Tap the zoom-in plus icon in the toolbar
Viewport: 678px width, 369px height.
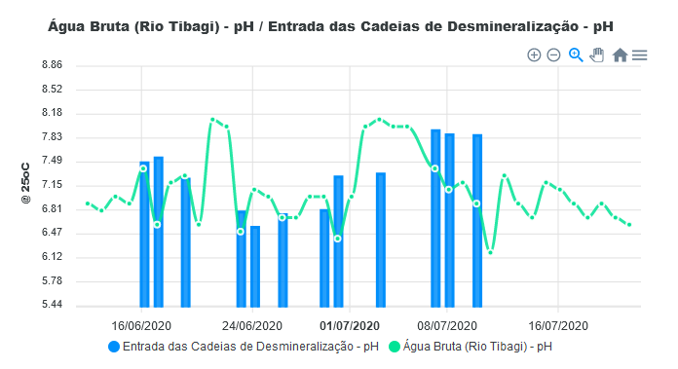tap(534, 55)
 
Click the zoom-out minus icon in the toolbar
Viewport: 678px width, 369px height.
tap(553, 55)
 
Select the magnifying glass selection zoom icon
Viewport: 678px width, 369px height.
tap(576, 55)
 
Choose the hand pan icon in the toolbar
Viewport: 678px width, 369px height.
tap(597, 55)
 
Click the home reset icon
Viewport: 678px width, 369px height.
tap(620, 55)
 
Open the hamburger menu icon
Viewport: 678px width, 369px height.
tap(640, 55)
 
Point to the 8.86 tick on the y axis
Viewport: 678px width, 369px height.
tap(50, 65)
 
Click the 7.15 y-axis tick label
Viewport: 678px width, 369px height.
tap(50, 185)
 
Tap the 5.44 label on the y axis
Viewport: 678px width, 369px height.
tap(50, 306)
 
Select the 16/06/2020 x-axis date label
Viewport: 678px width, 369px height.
tap(142, 325)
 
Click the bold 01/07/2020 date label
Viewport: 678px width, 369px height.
tap(350, 325)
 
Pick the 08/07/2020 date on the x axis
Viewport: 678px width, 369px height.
tap(447, 325)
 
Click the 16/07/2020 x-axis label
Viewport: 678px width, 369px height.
tap(558, 325)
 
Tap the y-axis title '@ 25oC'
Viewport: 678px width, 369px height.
tap(26, 184)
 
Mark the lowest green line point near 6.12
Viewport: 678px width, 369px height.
tap(491, 252)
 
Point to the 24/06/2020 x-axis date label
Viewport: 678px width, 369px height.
tap(253, 325)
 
